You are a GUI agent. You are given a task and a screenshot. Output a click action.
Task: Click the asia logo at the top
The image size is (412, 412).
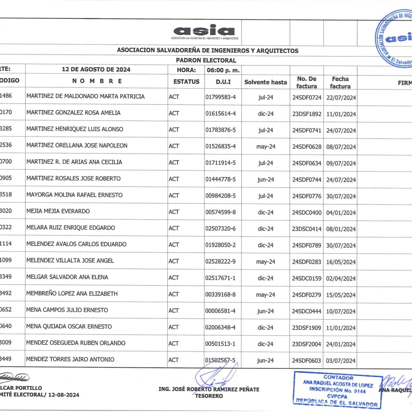pos(204,32)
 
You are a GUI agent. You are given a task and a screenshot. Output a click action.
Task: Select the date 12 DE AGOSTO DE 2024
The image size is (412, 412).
pos(96,70)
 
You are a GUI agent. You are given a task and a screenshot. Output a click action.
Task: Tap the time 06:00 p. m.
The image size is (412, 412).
pos(223,70)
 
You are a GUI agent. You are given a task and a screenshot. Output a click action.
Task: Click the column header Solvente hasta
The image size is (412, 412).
pos(265,82)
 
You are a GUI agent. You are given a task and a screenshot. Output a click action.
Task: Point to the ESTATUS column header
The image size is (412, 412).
pos(186,82)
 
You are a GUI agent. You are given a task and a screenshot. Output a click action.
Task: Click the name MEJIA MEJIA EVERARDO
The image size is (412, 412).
pos(58,211)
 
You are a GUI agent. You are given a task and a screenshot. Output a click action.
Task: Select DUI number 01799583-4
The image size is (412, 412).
pos(220,97)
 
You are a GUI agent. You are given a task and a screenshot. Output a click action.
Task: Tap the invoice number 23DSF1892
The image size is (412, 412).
pos(307,114)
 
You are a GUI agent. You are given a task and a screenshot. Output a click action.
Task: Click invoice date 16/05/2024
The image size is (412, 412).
pos(341,262)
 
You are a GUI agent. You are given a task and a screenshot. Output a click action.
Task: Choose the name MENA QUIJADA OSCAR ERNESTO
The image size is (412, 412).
pos(69,327)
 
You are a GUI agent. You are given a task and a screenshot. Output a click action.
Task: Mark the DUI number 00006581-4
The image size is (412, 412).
pos(220,311)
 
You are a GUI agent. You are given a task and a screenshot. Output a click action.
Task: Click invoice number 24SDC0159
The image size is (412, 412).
pos(307,279)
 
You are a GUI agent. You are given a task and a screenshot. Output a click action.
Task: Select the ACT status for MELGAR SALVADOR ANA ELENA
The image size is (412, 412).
pos(174,278)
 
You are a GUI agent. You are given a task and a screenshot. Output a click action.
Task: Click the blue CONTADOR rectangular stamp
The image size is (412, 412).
pos(338,390)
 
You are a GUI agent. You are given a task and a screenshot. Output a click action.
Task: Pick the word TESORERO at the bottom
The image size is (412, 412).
pos(209,396)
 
